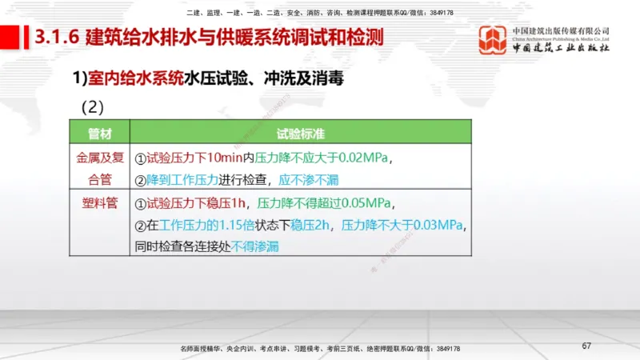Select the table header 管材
[x=99, y=133]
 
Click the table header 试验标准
[x=300, y=133]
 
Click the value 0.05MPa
[x=361, y=202]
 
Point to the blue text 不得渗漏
[x=255, y=247]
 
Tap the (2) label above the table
[x=94, y=106]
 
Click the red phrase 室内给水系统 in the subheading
[x=135, y=78]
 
